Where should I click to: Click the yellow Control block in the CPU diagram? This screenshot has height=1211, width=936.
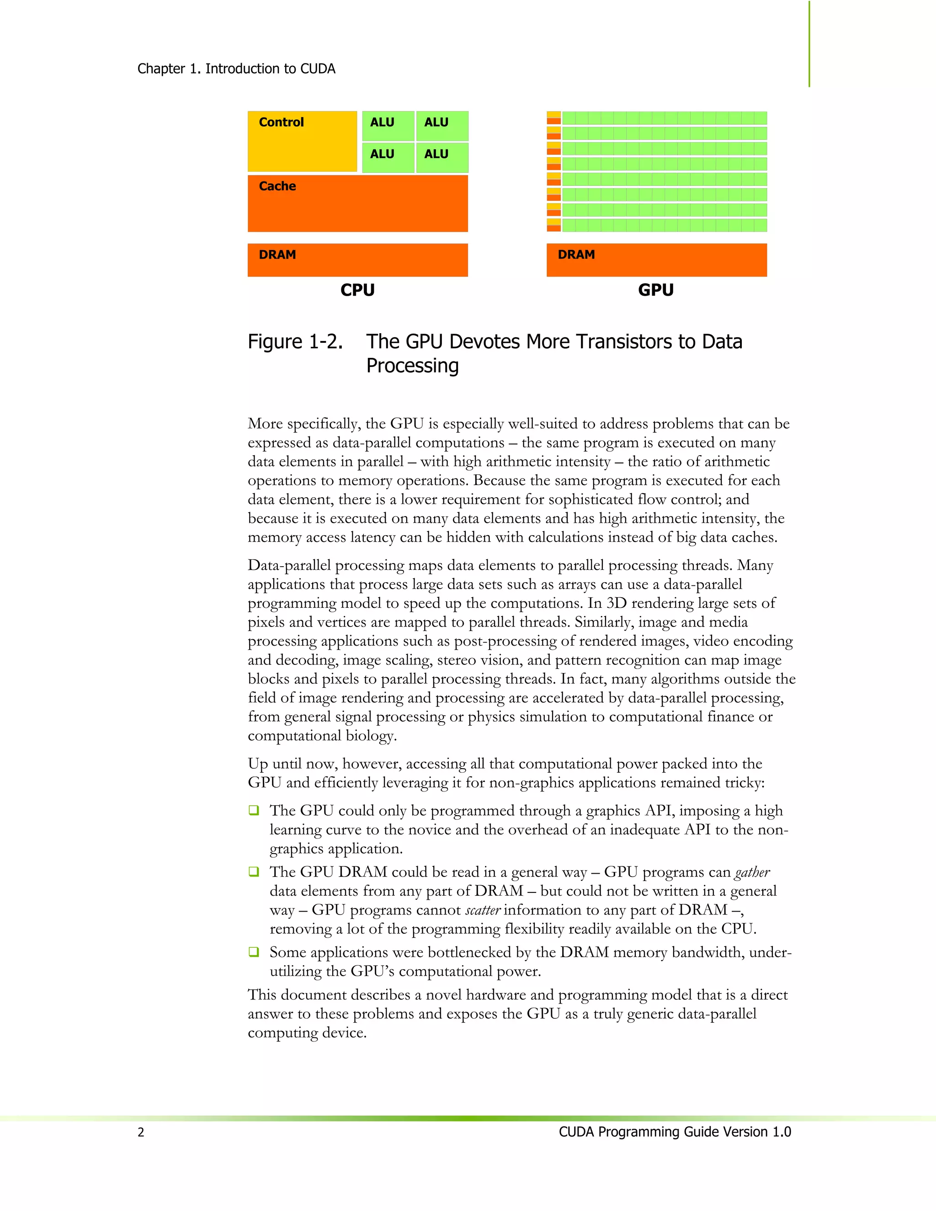tap(302, 141)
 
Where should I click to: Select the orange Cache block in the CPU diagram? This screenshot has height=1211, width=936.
tap(358, 203)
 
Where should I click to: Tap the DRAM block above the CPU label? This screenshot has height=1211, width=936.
tap(358, 260)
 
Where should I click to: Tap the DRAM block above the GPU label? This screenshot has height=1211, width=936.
tap(657, 260)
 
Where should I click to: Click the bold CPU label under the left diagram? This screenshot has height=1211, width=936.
tap(358, 290)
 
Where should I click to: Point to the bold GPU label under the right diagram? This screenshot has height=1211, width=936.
tap(656, 290)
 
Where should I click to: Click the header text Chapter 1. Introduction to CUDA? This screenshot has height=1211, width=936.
tap(236, 69)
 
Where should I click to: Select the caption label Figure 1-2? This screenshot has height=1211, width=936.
tap(295, 341)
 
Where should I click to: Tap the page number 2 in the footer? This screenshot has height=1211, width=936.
tap(141, 1132)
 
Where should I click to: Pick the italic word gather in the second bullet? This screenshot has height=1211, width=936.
tap(752, 873)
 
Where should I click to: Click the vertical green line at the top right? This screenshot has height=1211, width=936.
tap(809, 44)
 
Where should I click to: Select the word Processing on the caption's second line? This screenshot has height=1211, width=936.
tap(413, 366)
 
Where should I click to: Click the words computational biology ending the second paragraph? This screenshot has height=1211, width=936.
tap(322, 736)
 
